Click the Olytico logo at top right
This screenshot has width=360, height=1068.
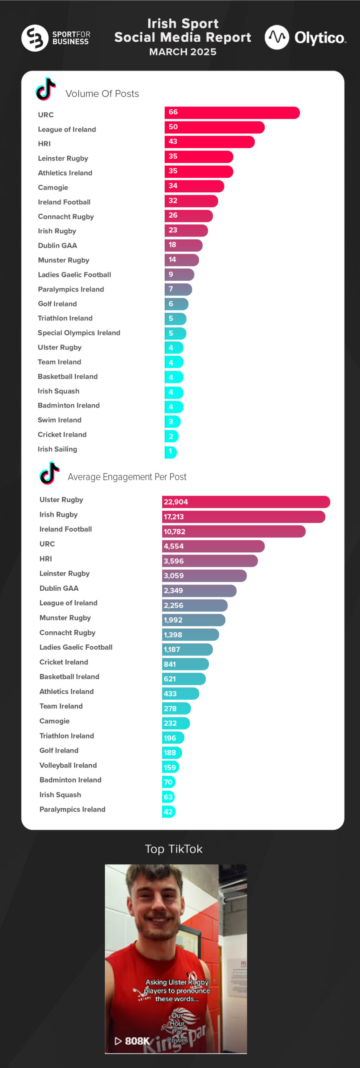[305, 38]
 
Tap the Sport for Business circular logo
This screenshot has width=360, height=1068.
[35, 38]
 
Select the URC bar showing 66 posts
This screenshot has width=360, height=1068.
[232, 113]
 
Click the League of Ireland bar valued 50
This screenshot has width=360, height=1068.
[214, 127]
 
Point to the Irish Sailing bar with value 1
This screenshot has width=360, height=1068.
[171, 452]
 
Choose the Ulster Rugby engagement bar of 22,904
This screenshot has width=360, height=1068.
[246, 502]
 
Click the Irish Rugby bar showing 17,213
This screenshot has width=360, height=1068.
[243, 517]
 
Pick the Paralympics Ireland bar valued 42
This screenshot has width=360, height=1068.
[169, 811]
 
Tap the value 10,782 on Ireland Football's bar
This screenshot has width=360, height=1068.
[174, 531]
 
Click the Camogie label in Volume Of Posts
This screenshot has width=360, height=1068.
[53, 188]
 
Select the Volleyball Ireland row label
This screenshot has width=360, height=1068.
[68, 765]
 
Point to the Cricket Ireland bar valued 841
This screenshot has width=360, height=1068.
[185, 664]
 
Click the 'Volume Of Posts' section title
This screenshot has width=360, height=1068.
[102, 94]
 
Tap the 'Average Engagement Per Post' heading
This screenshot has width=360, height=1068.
[127, 477]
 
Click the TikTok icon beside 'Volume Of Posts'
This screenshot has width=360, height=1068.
[45, 89]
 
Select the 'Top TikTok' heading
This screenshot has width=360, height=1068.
[174, 849]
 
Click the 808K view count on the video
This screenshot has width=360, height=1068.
[136, 1040]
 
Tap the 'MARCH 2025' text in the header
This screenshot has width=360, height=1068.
[183, 52]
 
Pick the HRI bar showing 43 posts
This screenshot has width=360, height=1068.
[209, 142]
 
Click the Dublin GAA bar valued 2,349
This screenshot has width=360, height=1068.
[199, 591]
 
